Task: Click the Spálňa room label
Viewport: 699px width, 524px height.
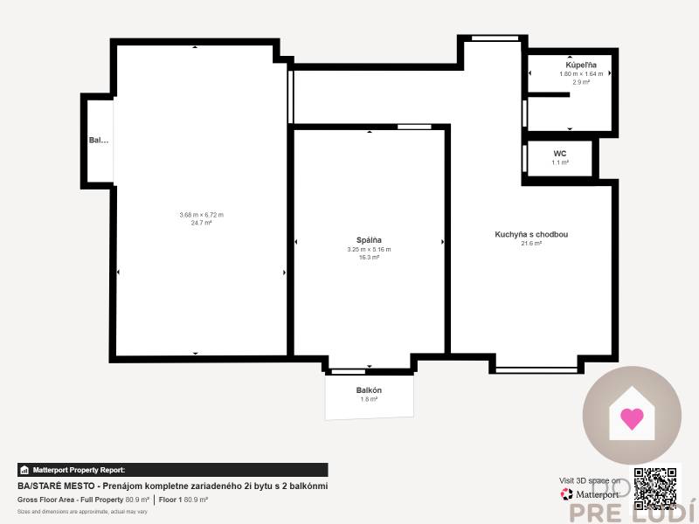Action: (x=369, y=240)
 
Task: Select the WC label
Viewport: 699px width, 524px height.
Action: (x=560, y=153)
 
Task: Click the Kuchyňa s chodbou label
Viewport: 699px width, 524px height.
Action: (x=531, y=234)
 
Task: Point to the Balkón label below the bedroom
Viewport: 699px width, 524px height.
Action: (x=369, y=390)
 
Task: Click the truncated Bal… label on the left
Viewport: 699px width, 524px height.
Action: (x=99, y=140)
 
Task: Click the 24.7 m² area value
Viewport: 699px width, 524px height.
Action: (x=202, y=223)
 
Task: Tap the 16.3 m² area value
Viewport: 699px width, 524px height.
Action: (x=369, y=258)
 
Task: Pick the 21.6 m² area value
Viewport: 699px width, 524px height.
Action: (x=531, y=244)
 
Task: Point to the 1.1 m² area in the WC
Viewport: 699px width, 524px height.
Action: (x=560, y=162)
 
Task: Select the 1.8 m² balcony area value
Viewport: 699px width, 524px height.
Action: (x=369, y=399)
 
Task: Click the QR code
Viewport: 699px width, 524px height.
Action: (x=655, y=487)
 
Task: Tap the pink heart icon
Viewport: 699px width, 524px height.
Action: (x=632, y=418)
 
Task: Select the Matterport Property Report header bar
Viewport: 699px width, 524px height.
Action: (x=173, y=470)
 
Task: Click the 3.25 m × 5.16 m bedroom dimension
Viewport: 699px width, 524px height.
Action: (x=369, y=250)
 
